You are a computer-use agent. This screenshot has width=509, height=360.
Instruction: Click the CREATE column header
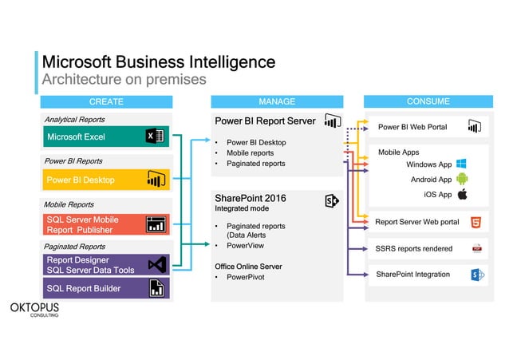pos(106,101)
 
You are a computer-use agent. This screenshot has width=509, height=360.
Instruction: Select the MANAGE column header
pos(277,101)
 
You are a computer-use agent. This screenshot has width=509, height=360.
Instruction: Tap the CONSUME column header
pos(428,101)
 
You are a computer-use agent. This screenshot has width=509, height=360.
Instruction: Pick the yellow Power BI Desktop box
pos(105,180)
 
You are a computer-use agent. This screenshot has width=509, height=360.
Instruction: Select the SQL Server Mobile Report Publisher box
pos(105,224)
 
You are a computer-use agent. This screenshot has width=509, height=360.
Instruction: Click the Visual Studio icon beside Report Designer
pos(156,265)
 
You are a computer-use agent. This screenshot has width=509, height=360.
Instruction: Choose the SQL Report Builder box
pos(105,288)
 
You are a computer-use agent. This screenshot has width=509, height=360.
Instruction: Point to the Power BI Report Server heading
pos(265,121)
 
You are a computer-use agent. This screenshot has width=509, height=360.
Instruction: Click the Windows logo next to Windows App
pos(461,164)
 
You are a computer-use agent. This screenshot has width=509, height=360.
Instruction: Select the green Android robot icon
pos(461,179)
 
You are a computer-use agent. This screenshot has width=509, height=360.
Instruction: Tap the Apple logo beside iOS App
pos(461,194)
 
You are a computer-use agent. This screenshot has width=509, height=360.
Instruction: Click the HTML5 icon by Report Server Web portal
pos(475,222)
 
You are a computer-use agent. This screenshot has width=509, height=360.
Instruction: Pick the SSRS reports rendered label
pos(413,248)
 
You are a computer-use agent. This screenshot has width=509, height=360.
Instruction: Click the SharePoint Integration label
pos(412,275)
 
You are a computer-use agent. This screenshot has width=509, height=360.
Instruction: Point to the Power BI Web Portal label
pos(412,127)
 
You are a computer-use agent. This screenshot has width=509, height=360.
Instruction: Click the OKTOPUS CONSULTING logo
pos(33,309)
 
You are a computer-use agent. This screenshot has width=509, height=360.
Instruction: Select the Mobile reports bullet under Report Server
pos(250,153)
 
